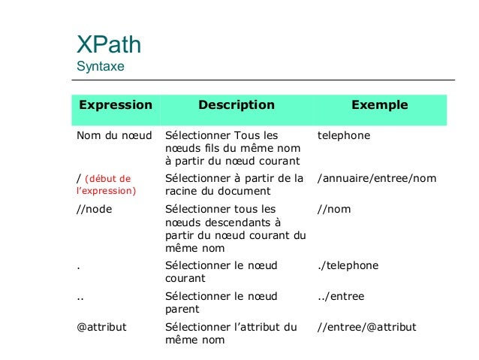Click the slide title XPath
[109, 44]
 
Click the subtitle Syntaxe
[101, 67]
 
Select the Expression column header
[112, 105]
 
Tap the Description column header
[236, 105]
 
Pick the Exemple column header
[380, 105]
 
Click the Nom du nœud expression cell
[114, 136]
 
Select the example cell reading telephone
[344, 136]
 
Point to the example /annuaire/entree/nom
[377, 179]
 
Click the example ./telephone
[348, 265]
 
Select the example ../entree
[341, 296]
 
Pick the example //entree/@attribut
[366, 327]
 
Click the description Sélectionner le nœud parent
[223, 302]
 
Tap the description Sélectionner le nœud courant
[223, 271]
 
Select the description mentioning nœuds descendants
[235, 228]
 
